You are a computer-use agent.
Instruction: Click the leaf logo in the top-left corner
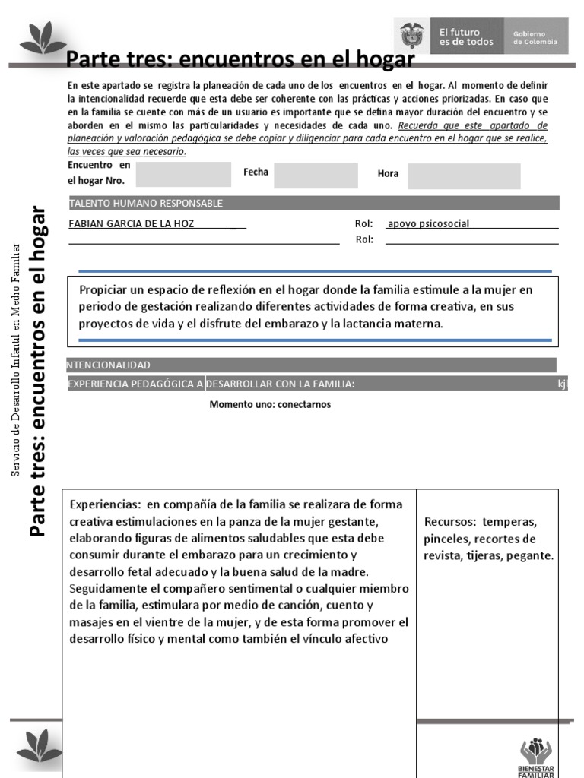43,38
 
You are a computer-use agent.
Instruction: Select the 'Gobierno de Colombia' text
535,37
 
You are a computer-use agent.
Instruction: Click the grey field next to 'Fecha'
316,175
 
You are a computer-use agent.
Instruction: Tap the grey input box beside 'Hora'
463,176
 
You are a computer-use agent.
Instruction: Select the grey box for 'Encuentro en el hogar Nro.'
182,174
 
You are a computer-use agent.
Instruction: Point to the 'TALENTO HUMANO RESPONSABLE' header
146,203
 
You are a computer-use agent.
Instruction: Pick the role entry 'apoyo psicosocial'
428,223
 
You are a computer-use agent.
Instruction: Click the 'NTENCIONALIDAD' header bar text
111,365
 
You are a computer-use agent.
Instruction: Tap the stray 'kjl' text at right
562,384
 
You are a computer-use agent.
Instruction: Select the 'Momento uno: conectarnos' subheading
270,404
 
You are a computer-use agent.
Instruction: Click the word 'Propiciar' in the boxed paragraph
103,289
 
